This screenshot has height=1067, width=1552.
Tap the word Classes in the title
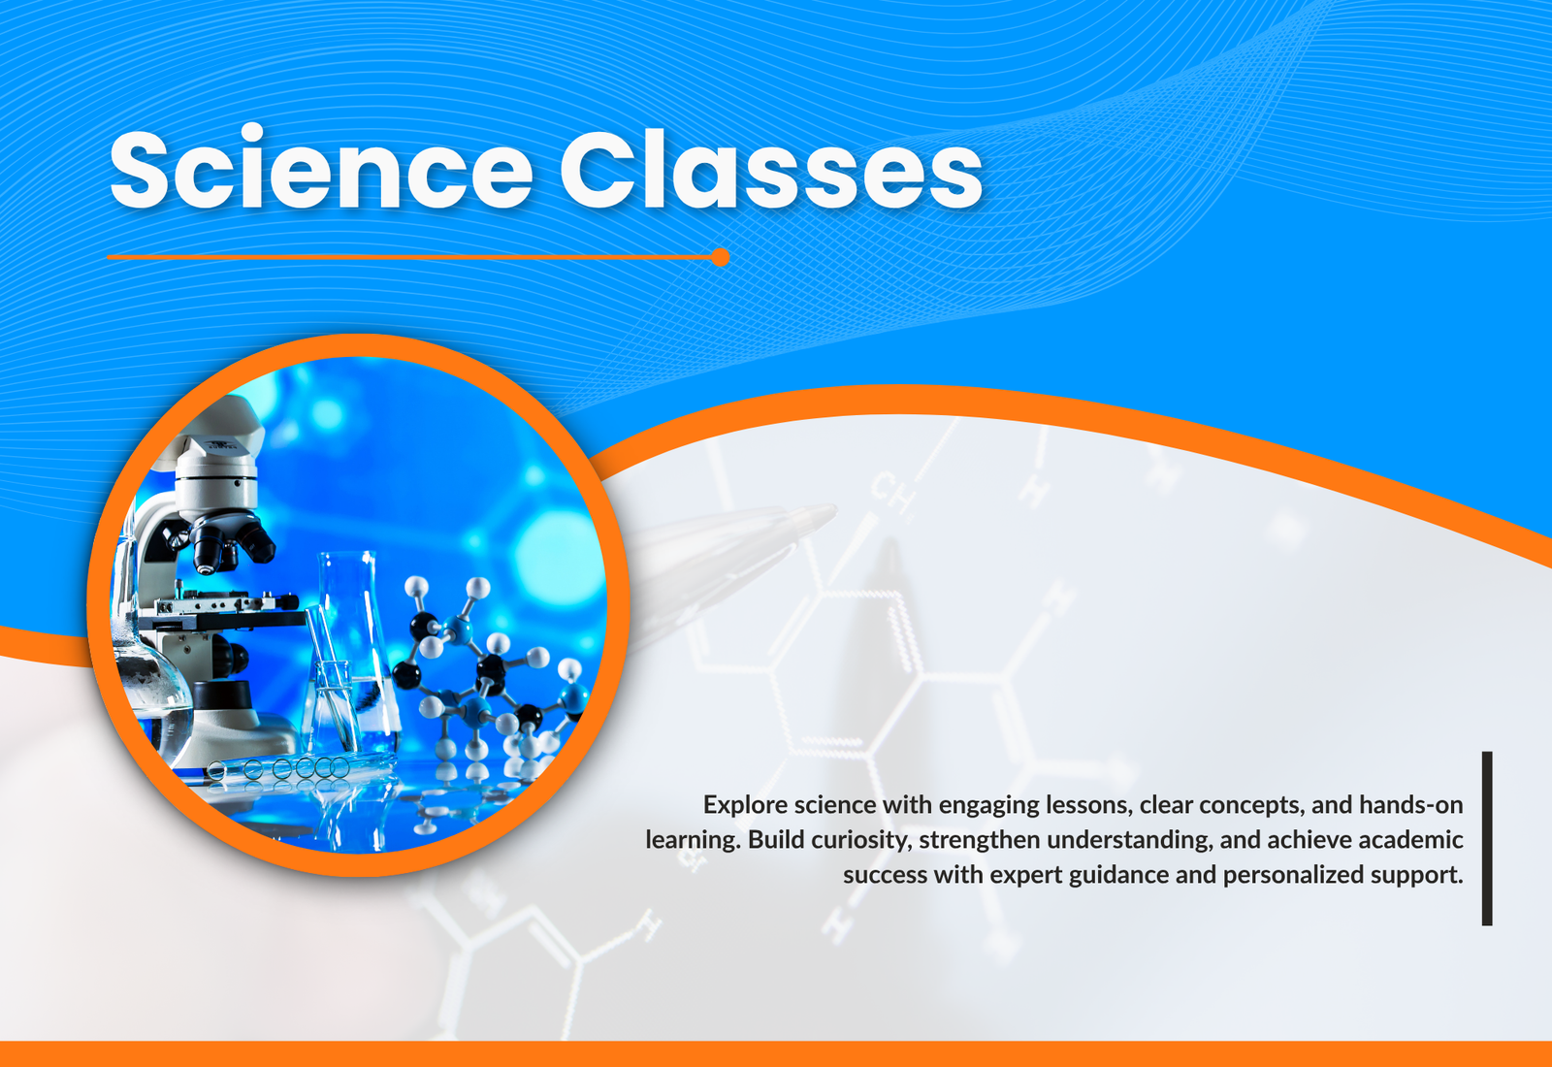[x=771, y=169]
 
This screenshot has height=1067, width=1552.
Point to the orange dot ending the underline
[x=721, y=257]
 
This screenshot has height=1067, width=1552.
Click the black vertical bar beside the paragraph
[x=1487, y=838]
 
